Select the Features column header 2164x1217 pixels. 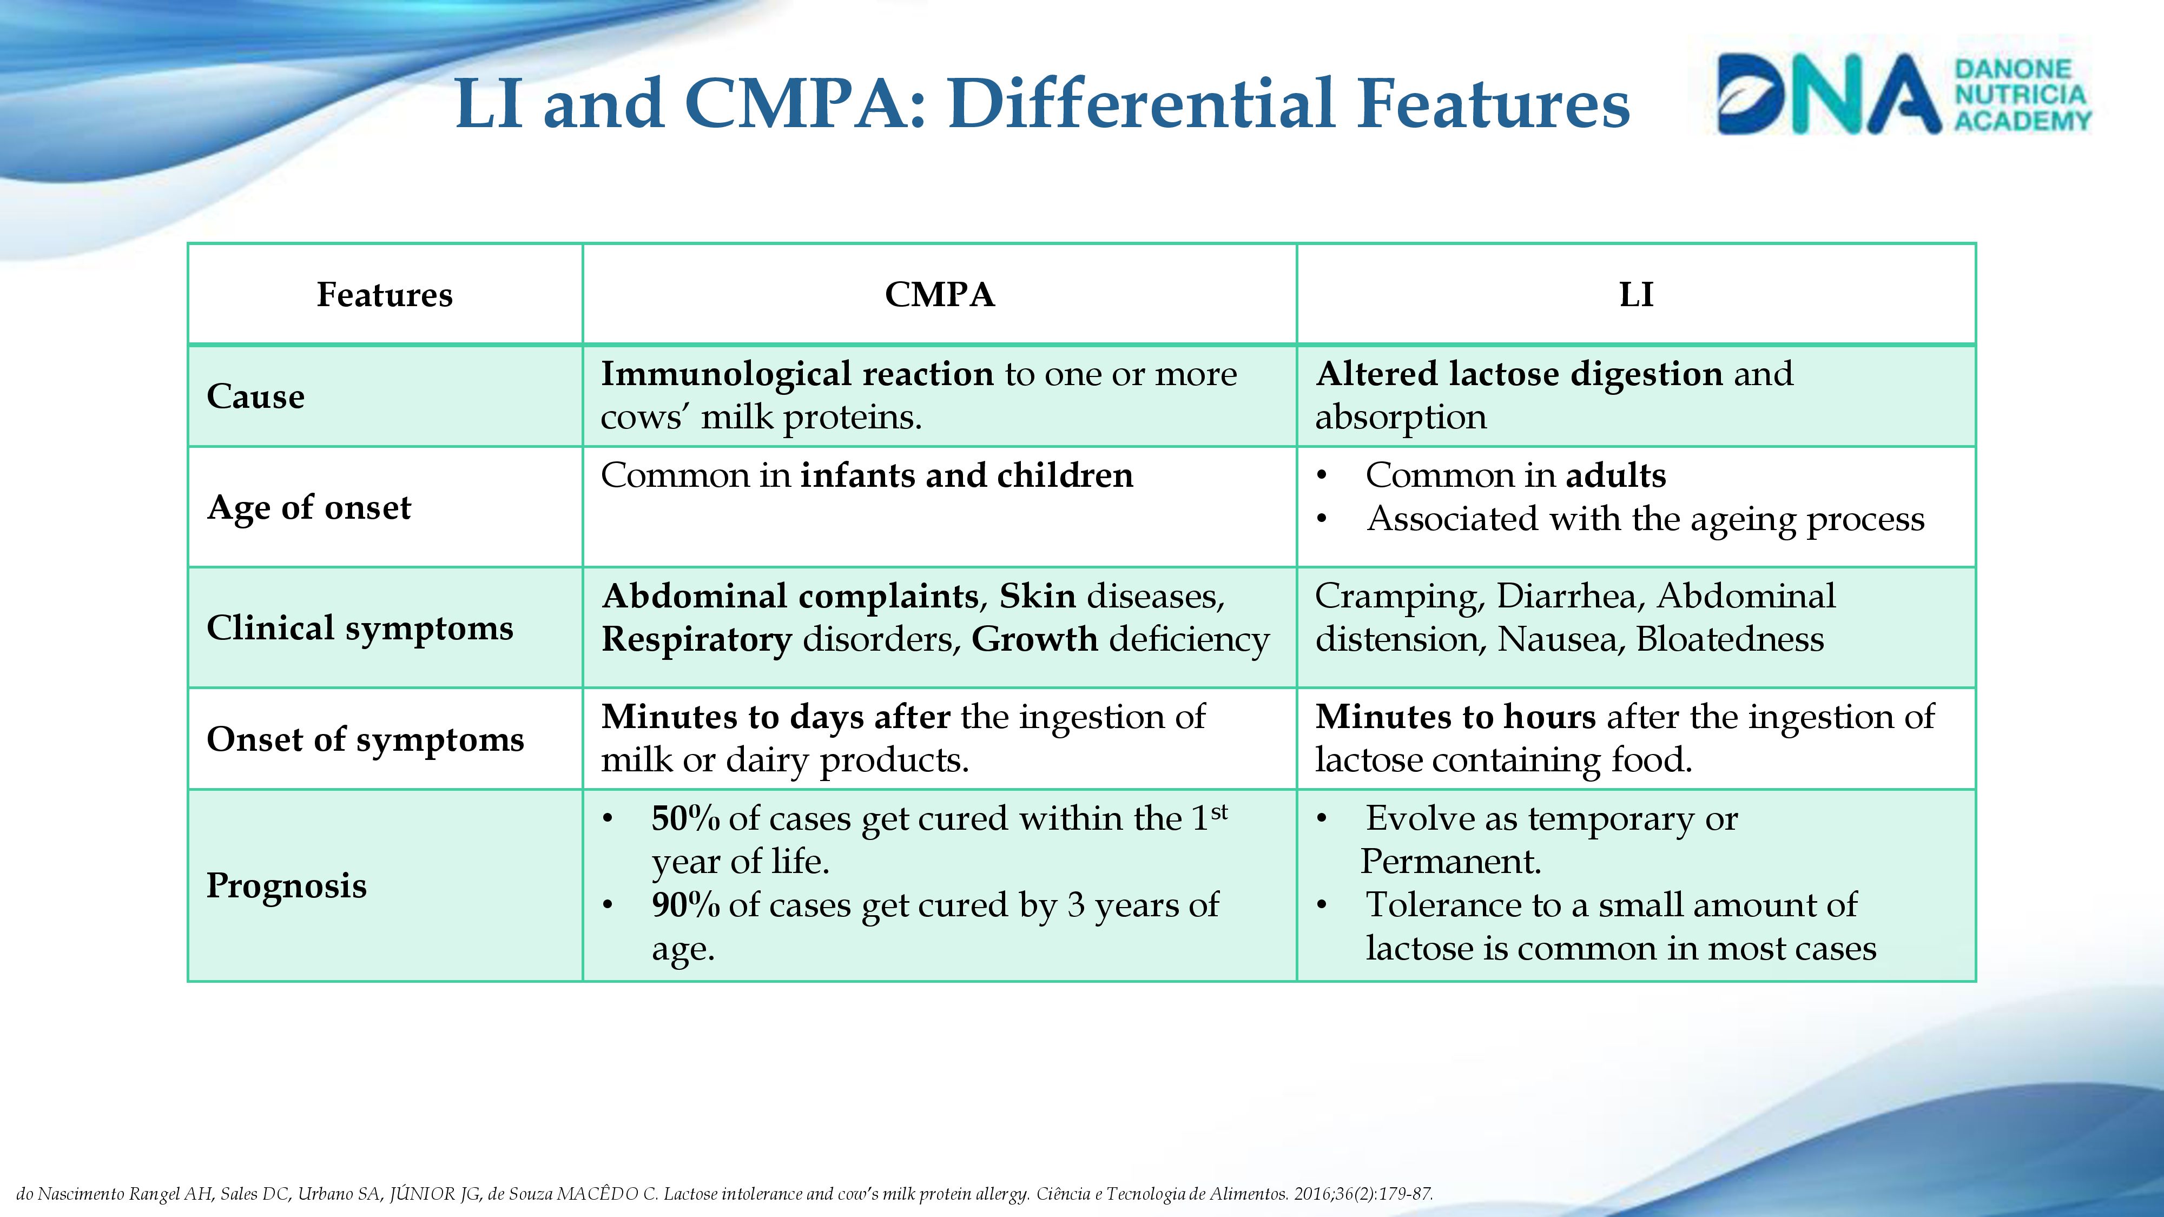384,295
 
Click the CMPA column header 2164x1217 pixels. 939,295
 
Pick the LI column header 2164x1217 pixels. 1635,295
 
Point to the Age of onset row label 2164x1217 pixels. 309,507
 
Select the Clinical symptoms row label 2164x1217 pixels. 360,627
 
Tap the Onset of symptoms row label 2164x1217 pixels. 365,739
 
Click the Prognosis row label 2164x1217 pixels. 287,885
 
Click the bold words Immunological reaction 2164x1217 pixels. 797,374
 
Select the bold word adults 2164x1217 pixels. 1614,475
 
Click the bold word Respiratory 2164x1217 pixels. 696,640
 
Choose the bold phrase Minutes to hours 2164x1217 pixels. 1455,717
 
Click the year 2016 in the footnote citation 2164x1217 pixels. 1312,1194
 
